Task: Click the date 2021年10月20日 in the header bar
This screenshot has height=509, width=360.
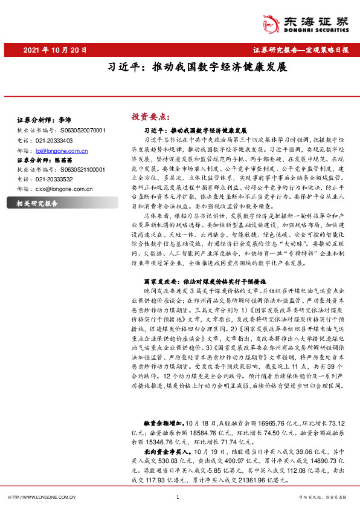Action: [x=55, y=51]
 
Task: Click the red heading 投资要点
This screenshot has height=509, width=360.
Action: [x=150, y=116]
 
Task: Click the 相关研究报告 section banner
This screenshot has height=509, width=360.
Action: [x=37, y=203]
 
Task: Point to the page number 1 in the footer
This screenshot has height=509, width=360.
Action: [x=177, y=497]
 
